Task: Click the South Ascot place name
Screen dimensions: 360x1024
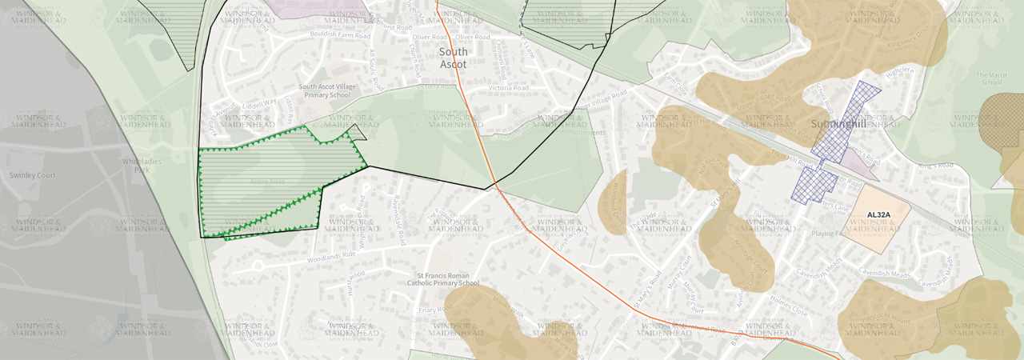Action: pos(454,58)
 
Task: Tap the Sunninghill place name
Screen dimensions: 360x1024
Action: pos(837,124)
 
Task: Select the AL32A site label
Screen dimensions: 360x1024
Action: pos(878,214)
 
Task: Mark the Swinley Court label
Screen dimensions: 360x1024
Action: pos(32,175)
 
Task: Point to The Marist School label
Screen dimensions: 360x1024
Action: pos(990,78)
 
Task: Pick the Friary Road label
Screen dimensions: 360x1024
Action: pos(436,309)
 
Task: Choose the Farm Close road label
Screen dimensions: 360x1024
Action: pos(676,84)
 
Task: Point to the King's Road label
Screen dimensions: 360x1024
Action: pos(935,166)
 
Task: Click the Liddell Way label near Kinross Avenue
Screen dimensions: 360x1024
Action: pos(260,103)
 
